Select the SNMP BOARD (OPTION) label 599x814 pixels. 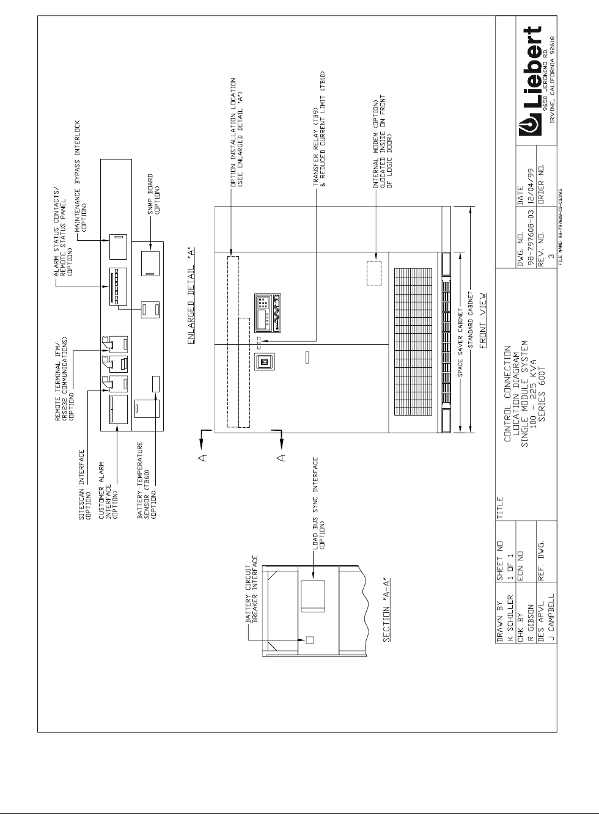153,196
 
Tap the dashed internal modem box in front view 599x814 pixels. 373,273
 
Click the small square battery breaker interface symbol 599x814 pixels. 309,640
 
